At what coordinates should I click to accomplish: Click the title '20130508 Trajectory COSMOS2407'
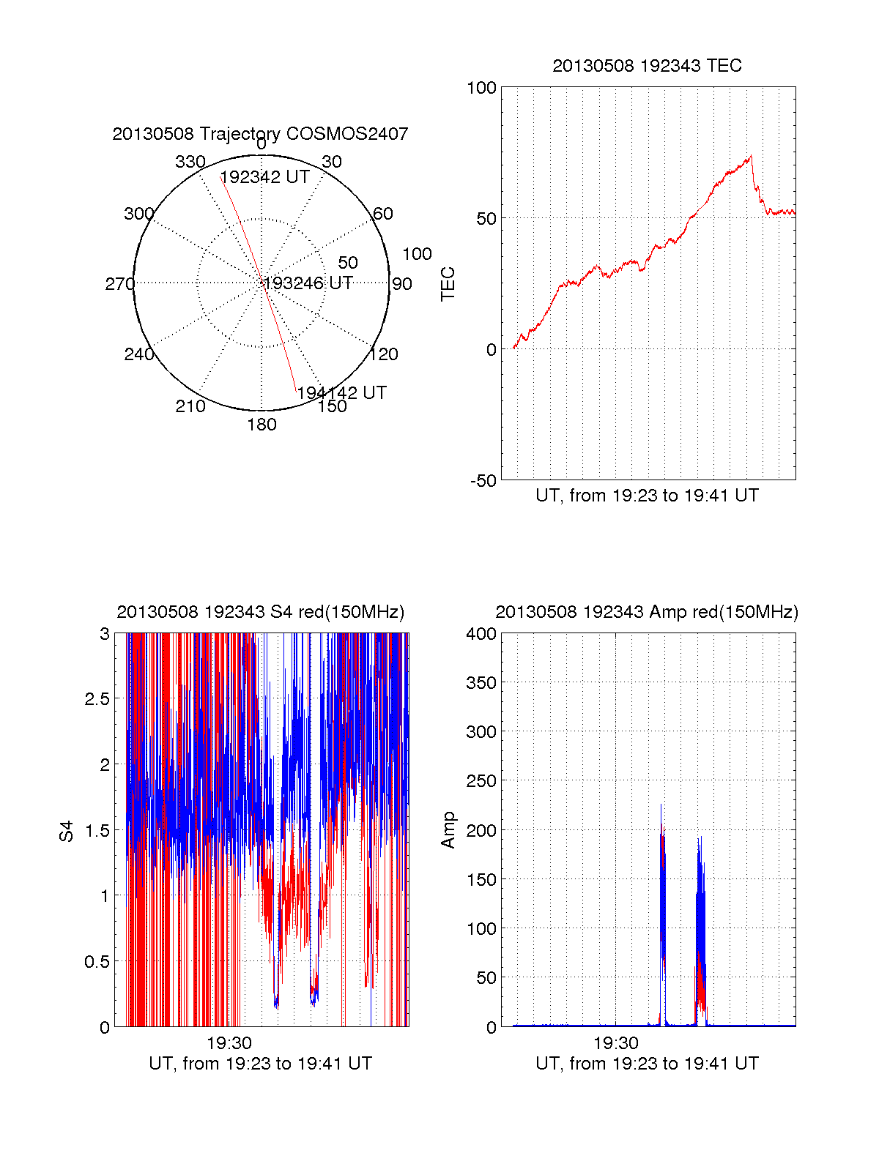260,134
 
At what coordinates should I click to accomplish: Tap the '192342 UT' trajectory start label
264,177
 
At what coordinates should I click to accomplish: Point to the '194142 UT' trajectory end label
341,392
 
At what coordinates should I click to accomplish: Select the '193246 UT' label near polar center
308,283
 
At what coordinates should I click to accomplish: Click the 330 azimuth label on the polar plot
190,162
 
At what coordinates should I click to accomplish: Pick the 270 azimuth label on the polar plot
119,284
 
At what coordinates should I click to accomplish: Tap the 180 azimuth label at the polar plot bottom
262,425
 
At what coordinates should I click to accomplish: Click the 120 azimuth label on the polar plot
384,354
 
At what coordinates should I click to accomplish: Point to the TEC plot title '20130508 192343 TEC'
647,66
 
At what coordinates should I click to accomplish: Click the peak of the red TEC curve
751,155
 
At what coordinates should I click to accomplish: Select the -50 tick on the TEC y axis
483,481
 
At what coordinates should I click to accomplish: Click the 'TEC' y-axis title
448,284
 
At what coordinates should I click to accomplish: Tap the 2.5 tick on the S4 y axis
97,699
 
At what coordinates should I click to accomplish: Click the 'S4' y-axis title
67,831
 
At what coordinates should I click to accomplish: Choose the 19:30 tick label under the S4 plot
229,1043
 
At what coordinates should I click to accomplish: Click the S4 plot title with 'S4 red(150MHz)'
260,612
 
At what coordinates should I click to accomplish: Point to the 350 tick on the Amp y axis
481,683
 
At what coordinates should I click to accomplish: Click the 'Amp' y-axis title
448,829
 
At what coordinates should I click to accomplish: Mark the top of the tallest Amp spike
661,804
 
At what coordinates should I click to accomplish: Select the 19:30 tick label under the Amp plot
616,1043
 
